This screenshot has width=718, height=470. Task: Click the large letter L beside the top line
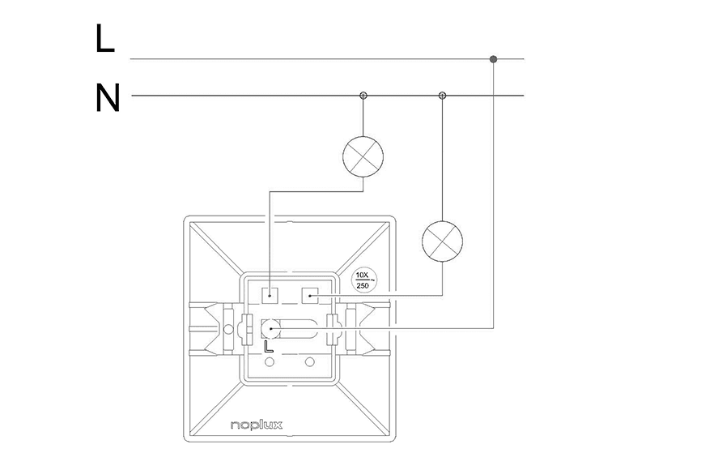click(x=105, y=39)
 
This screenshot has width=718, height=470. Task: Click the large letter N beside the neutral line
click(x=108, y=98)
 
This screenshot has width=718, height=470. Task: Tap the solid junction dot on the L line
click(x=493, y=59)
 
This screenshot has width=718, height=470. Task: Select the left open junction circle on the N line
click(x=363, y=96)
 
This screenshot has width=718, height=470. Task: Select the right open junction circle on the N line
click(x=442, y=96)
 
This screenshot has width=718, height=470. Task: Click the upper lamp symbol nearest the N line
click(x=363, y=157)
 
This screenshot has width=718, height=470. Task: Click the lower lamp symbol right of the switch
click(x=442, y=241)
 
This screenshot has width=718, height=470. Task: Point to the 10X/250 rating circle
click(x=363, y=280)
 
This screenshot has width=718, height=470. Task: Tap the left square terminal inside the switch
click(x=270, y=296)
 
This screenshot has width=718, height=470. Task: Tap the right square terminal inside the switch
click(x=310, y=296)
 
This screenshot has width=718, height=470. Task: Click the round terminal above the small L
click(x=271, y=329)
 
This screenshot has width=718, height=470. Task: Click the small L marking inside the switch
click(x=269, y=347)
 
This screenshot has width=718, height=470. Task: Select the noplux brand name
click(x=257, y=425)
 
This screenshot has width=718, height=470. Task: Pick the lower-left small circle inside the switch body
click(x=270, y=362)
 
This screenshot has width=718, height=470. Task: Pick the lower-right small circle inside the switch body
click(x=310, y=362)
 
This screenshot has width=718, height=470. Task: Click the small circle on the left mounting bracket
click(x=227, y=329)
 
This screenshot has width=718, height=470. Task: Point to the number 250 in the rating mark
click(x=362, y=286)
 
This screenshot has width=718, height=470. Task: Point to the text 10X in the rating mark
click(x=362, y=275)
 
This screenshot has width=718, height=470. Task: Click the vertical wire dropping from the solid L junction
click(x=493, y=194)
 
